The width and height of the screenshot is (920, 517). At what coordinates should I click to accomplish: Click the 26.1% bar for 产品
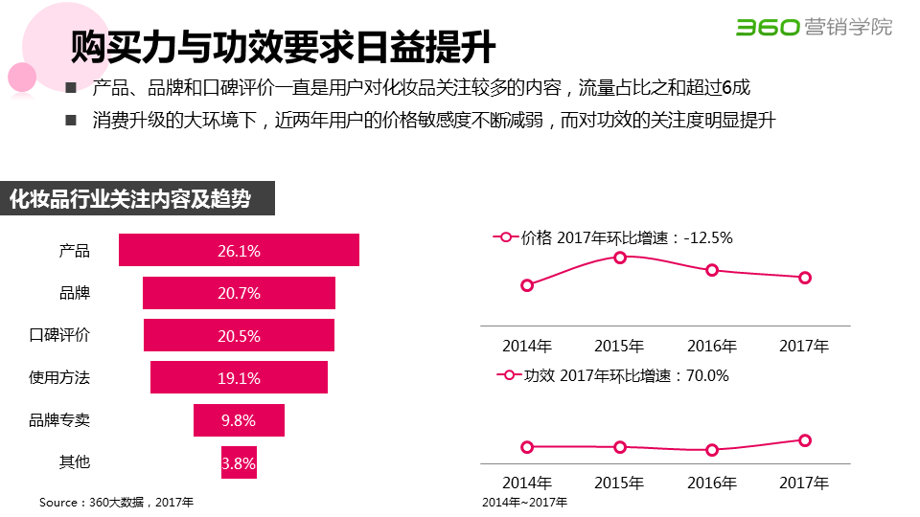coord(239,251)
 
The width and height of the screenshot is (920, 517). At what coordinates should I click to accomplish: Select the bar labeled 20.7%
coord(239,293)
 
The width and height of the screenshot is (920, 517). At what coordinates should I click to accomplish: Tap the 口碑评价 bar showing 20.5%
coord(239,335)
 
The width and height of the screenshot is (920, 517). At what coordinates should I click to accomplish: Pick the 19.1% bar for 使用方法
coord(239,377)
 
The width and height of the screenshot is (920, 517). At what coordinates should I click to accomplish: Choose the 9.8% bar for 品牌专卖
coord(239,420)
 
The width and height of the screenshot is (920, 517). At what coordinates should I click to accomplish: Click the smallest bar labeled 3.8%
coord(239,463)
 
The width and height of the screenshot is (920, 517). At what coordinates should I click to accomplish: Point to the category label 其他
coord(75,462)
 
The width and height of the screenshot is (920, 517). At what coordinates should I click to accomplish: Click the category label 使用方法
coord(59,378)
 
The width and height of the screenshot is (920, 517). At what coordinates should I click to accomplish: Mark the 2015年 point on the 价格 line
coord(620,258)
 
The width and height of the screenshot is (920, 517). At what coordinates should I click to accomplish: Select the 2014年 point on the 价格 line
coord(527,284)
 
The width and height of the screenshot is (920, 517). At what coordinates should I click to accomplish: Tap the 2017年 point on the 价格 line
coord(805,278)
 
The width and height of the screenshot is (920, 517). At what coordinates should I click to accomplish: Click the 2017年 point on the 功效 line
coord(805,440)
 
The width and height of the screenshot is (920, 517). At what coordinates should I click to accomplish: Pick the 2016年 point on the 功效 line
coord(712,450)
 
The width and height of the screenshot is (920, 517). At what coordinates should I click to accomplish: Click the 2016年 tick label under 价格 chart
coord(712,346)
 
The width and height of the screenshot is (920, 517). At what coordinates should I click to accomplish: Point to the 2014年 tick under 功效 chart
coord(527,482)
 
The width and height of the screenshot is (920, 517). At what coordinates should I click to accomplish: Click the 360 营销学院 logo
coord(814,27)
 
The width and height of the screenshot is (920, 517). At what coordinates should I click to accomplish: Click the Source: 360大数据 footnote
coord(116,502)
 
